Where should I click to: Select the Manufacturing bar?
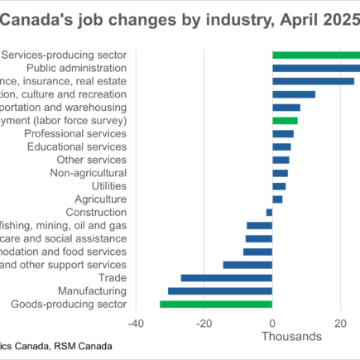219,291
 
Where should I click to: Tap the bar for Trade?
226,278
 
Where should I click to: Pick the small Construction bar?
269,212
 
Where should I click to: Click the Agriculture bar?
277,199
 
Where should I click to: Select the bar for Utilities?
279,186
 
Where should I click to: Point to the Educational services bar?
281,146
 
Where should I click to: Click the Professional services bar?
283,133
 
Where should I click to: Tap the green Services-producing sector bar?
314,55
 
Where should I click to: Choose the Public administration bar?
314,68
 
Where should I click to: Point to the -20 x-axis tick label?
204,323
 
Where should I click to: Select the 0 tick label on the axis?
272,323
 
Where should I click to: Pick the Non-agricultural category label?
88,173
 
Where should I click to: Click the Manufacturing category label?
92,291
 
